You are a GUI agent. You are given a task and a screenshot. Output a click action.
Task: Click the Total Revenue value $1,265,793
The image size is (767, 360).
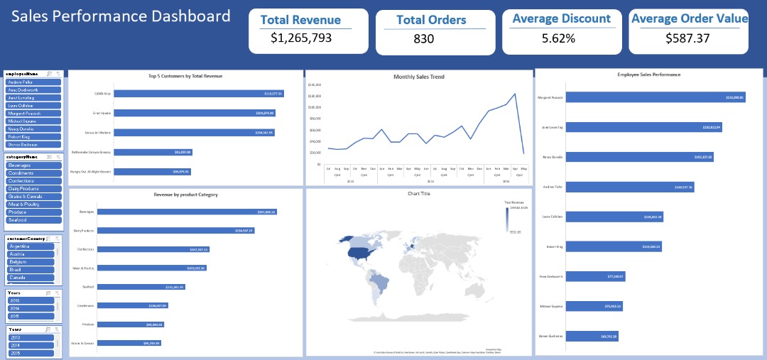pos(301,38)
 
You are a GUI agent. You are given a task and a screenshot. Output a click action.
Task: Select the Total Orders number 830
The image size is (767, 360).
pos(423,39)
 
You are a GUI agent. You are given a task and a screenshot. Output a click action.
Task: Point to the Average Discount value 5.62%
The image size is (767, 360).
pos(558,38)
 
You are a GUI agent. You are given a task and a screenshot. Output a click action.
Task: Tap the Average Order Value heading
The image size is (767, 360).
pos(689,19)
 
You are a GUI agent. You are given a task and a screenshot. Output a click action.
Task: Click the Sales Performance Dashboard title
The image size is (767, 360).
pos(121,16)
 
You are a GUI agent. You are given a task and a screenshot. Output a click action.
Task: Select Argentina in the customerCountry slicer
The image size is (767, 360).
pos(31,246)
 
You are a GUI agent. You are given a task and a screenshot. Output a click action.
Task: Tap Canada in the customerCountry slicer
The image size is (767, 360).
pos(31,278)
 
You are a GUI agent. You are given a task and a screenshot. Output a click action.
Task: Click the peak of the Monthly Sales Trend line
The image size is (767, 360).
pos(514,94)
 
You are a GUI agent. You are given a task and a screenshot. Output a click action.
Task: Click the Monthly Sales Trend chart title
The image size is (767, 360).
pos(418,77)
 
